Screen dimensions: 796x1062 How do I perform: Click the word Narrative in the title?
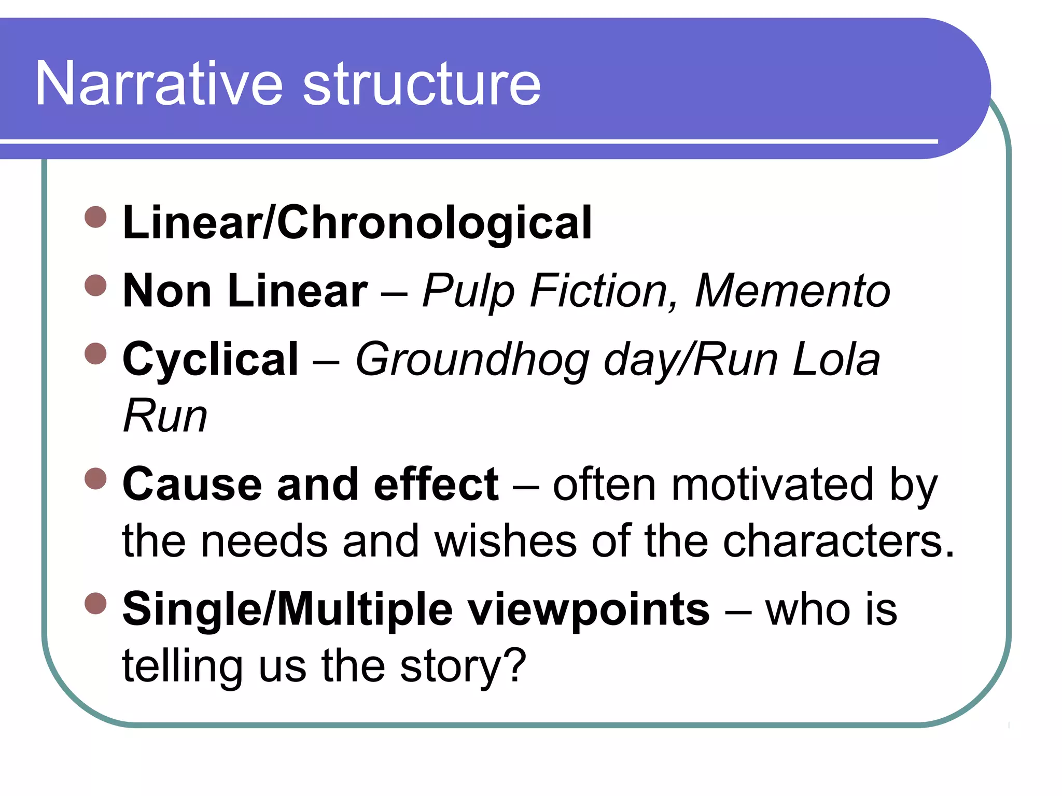159,84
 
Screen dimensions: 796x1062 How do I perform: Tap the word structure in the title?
422,84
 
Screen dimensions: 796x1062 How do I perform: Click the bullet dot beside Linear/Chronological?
95,217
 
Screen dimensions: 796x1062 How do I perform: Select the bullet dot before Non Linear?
95,285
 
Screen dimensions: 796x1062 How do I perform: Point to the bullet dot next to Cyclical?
95,353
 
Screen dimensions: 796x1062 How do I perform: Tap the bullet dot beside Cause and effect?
95,478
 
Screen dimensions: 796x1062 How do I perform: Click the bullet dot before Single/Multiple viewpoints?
95,603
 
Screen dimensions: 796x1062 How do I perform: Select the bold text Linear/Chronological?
357,223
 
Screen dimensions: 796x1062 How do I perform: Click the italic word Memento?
792,291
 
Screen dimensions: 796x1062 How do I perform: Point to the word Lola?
836,359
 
